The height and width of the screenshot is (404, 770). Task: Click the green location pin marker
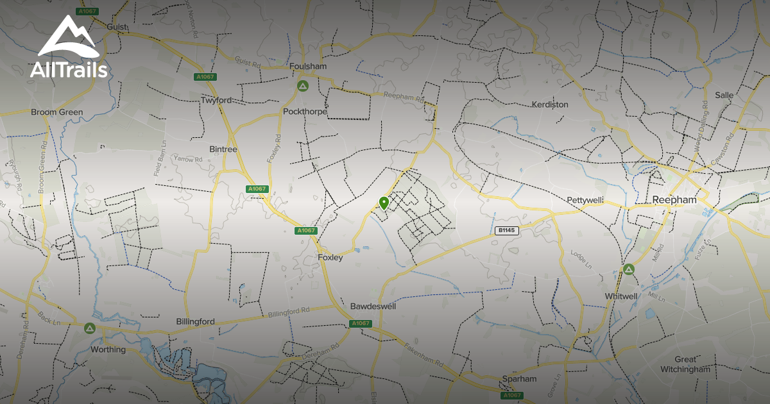coord(384,203)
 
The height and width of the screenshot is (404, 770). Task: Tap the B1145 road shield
coord(507,230)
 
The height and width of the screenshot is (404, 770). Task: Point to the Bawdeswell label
coord(373,307)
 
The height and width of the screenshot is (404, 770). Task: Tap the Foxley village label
coord(330,257)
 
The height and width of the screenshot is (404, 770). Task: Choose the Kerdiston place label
coord(550,104)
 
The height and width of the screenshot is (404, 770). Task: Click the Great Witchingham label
coord(685,364)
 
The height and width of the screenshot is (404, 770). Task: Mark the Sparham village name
coord(519,379)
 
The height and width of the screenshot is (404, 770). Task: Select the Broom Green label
coord(57,112)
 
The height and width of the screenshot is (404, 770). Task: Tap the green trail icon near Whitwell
coord(629,269)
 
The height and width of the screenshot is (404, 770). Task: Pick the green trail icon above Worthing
coord(89,328)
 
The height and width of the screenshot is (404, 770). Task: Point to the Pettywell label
coord(585,201)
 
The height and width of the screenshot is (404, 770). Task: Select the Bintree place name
coord(223,149)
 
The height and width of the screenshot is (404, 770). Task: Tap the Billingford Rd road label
coord(289,312)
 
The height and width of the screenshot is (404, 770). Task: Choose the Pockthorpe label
coord(305,112)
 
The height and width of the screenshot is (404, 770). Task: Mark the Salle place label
coord(724,95)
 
